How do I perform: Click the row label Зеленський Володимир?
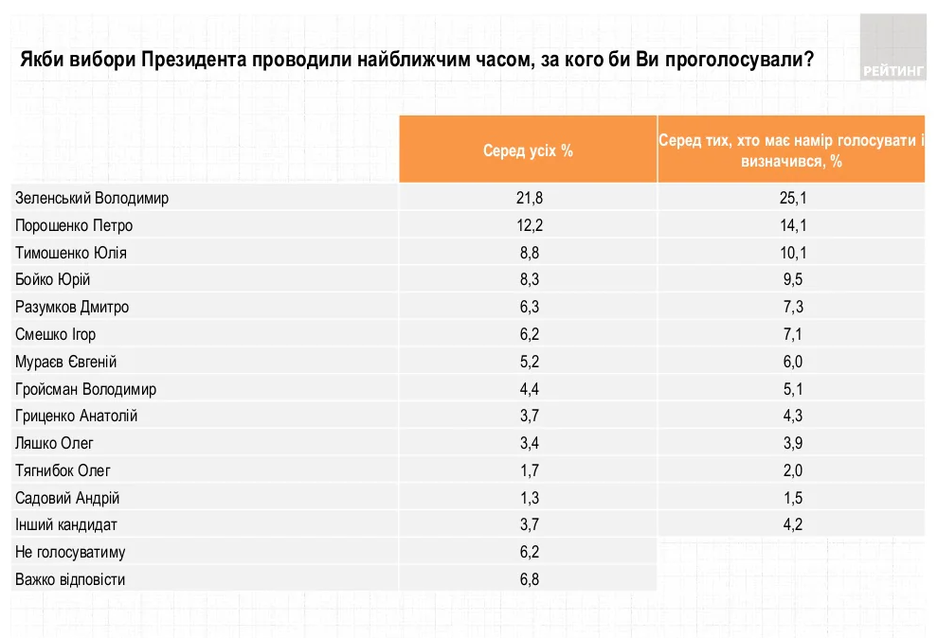tap(93, 198)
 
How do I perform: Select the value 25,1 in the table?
tap(791, 198)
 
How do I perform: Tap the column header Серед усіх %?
tap(528, 151)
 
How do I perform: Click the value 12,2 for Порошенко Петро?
tap(528, 225)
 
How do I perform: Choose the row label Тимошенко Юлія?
tap(71, 253)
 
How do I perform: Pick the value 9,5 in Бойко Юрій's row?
tap(791, 280)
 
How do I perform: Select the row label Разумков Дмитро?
tap(72, 308)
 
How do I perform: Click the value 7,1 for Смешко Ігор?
tap(791, 334)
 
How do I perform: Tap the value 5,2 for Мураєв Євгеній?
tap(528, 362)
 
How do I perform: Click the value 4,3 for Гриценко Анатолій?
tap(791, 416)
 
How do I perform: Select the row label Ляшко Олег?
tap(54, 443)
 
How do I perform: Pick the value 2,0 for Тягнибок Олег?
tap(791, 470)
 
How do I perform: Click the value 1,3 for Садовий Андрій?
tap(528, 498)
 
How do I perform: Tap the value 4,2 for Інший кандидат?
tap(791, 524)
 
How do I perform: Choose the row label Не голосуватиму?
tap(71, 552)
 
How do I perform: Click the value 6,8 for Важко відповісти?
tap(528, 579)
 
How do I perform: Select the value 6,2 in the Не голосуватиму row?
tap(528, 552)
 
